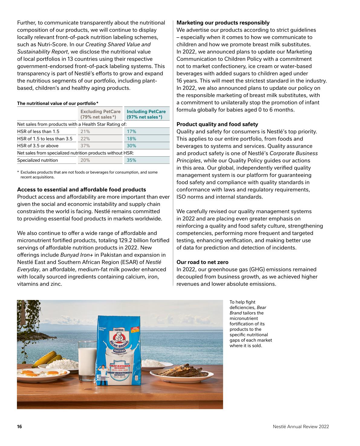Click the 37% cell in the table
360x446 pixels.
coord(85,146)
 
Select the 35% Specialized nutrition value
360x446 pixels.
coord(131,160)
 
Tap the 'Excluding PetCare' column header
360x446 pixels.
coord(100,114)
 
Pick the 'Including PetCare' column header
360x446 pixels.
coord(146,114)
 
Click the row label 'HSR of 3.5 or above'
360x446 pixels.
coord(38,146)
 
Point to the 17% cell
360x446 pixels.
coord(131,132)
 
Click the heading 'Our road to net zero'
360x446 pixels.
coord(203,262)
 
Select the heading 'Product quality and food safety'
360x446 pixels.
coord(217,124)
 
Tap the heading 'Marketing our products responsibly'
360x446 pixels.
coord(223,23)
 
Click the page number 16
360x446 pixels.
coord(20,427)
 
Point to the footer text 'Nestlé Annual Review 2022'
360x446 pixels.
coord(301,427)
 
